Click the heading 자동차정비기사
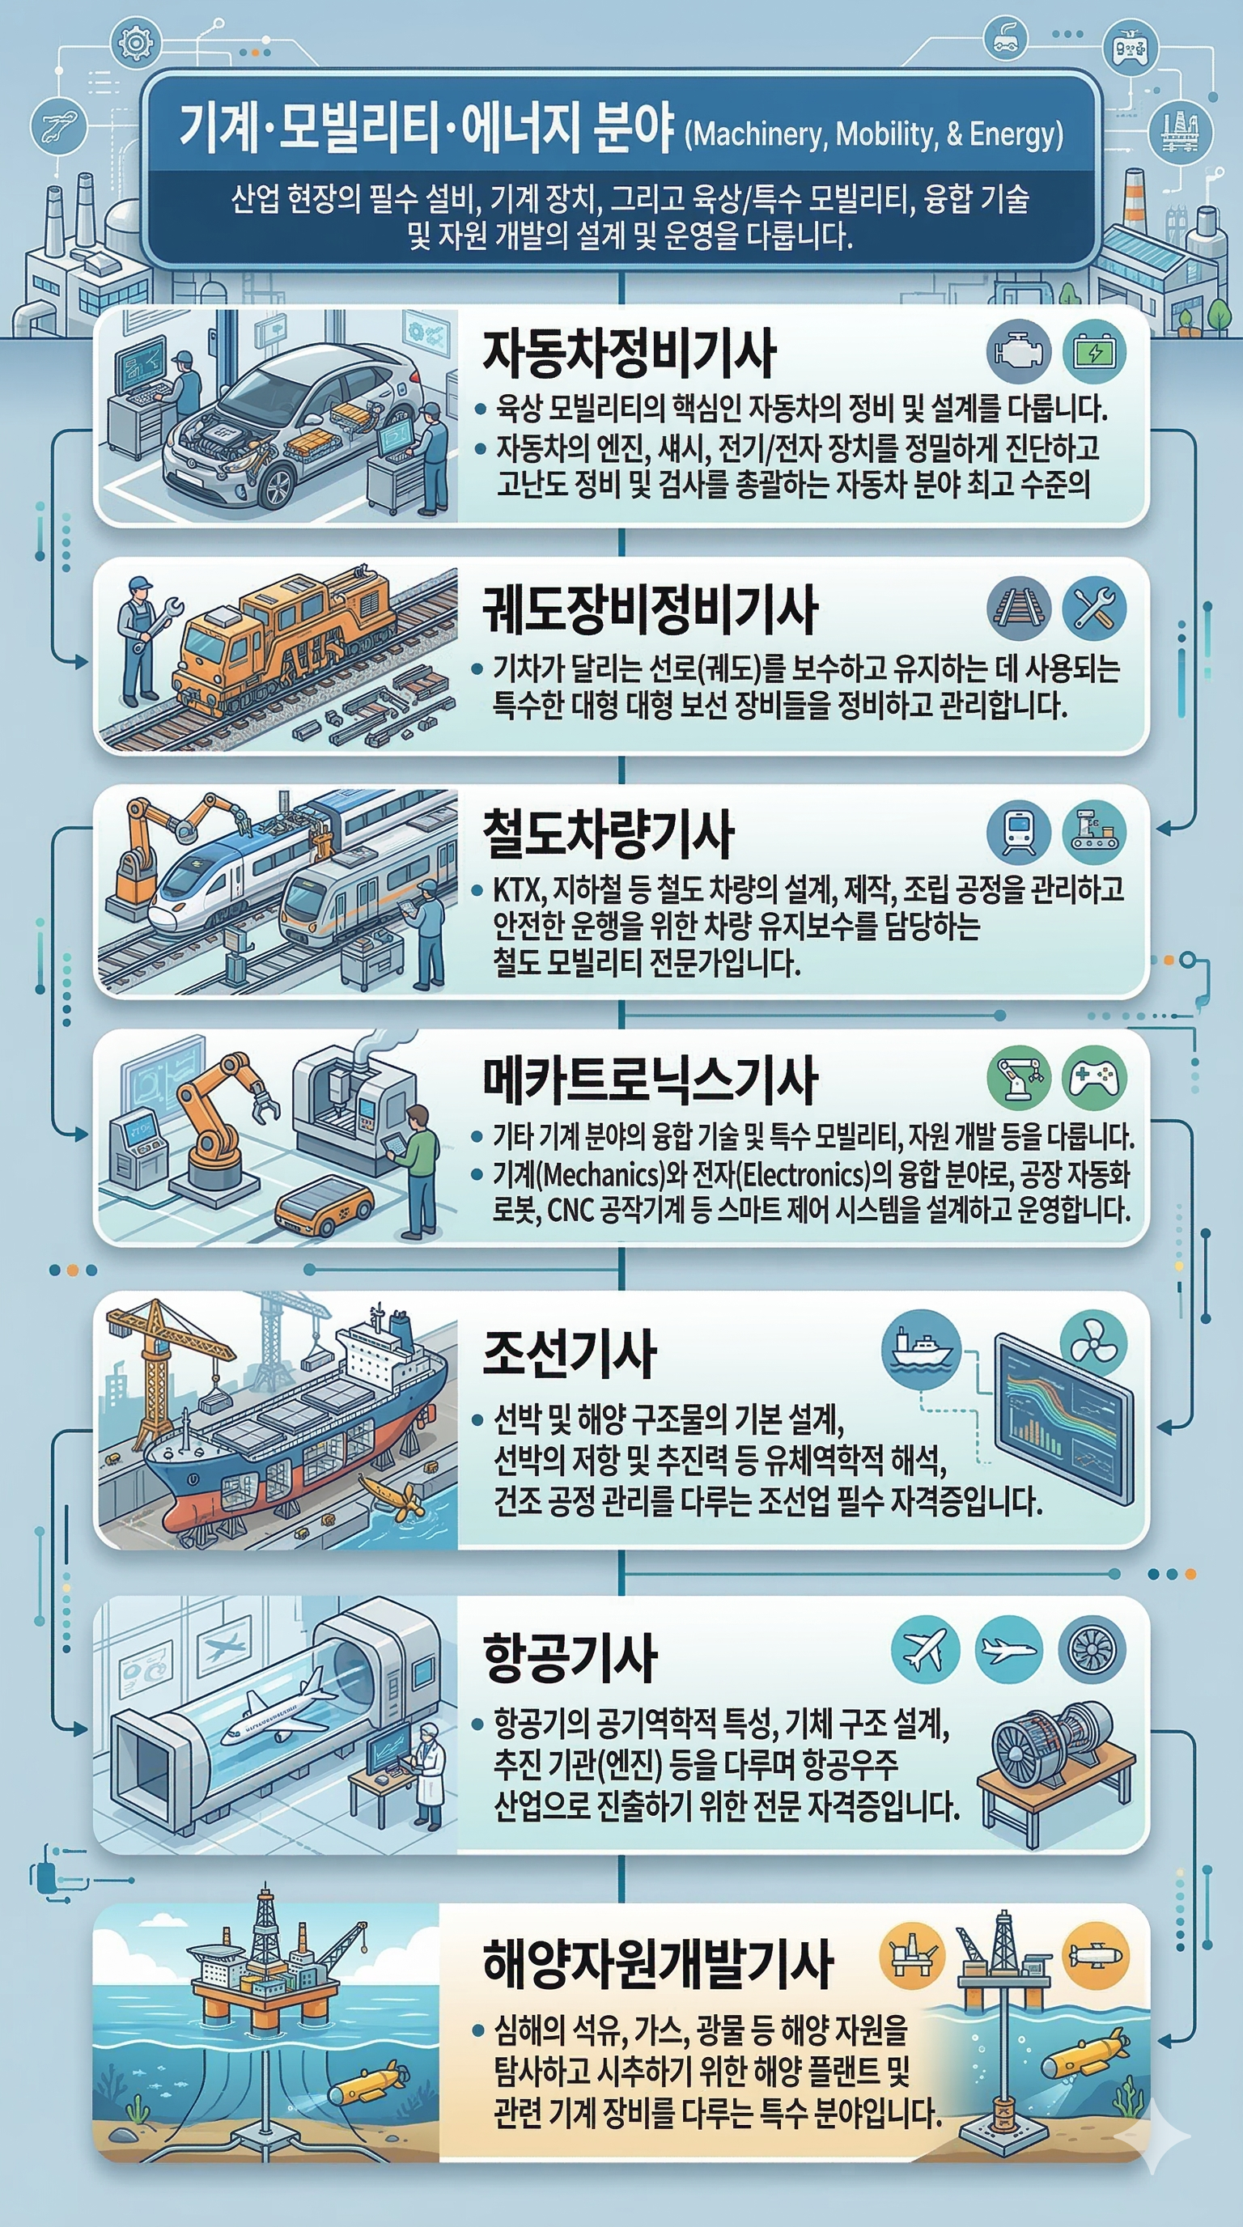(629, 354)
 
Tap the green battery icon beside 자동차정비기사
(1093, 352)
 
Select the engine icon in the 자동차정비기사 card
(1018, 352)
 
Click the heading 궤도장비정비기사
(649, 609)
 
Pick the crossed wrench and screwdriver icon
(1093, 608)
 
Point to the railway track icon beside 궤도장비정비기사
(1018, 608)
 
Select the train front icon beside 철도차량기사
(1018, 832)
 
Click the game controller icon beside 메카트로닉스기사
(1093, 1078)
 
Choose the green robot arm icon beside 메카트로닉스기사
(1018, 1078)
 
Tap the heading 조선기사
(570, 1354)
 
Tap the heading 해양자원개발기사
(658, 1963)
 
